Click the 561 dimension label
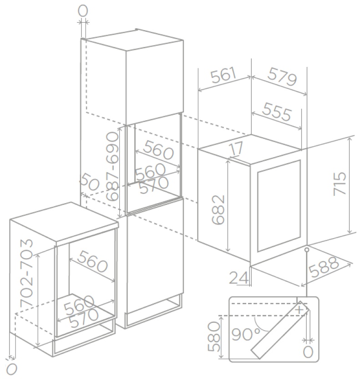[x=223, y=75]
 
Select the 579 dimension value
[x=282, y=77]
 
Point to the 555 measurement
[x=277, y=112]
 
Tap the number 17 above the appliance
[x=237, y=148]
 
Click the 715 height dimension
[x=340, y=183]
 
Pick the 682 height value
[x=218, y=209]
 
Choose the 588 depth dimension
[x=324, y=267]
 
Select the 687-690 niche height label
[x=112, y=166]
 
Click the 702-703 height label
[x=26, y=273]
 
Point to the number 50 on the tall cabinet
[x=90, y=182]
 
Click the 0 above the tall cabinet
[x=83, y=10]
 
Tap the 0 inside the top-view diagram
[x=308, y=352]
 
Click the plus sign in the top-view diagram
[x=299, y=310]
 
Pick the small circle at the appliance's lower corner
[x=307, y=250]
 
